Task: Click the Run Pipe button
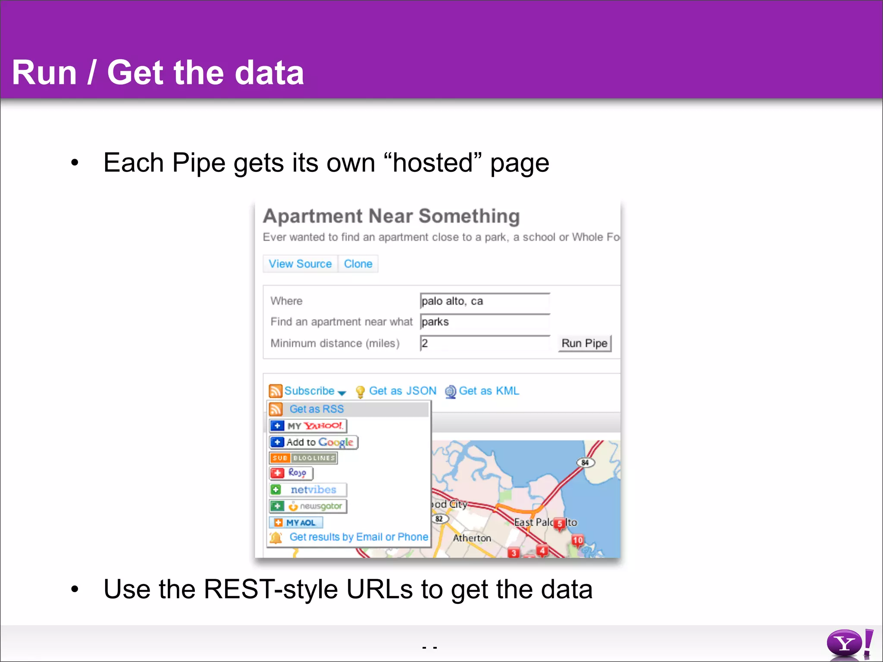pyautogui.click(x=584, y=343)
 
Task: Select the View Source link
pyautogui.click(x=300, y=264)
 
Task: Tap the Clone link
pyautogui.click(x=358, y=264)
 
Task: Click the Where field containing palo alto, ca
pyautogui.click(x=485, y=301)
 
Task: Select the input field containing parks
pyautogui.click(x=485, y=322)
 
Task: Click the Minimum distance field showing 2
pyautogui.click(x=485, y=343)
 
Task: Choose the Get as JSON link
pyautogui.click(x=402, y=391)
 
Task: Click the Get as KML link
pyautogui.click(x=488, y=391)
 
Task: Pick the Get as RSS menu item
pyautogui.click(x=316, y=409)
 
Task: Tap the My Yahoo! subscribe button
pyautogui.click(x=308, y=426)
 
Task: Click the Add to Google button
pyautogui.click(x=313, y=442)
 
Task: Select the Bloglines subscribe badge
pyautogui.click(x=303, y=458)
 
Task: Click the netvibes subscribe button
pyautogui.click(x=308, y=490)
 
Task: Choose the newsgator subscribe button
pyautogui.click(x=308, y=506)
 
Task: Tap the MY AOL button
pyautogui.click(x=296, y=523)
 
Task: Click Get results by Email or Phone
pyautogui.click(x=358, y=537)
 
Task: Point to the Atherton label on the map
pyautogui.click(x=472, y=538)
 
